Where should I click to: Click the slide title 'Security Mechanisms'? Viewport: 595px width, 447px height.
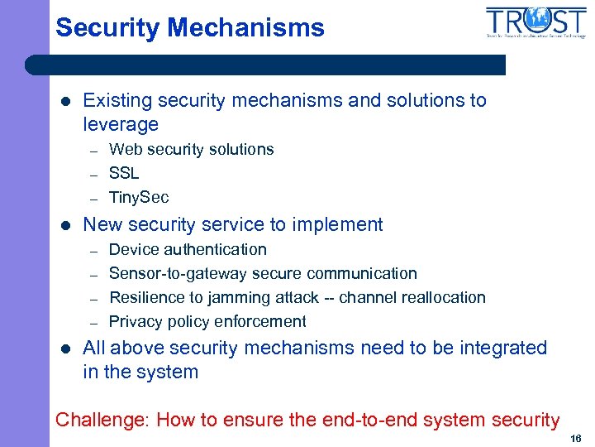(190, 27)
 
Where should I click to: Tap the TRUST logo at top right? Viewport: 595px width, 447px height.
(535, 22)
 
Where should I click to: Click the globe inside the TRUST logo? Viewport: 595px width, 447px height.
(537, 18)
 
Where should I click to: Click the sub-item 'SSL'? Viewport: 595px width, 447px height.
(124, 173)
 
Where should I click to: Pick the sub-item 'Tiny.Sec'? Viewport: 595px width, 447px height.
(139, 197)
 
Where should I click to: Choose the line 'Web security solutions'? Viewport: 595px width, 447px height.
(191, 149)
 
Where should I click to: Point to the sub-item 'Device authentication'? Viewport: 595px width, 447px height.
(188, 249)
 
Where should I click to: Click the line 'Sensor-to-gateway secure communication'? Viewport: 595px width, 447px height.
(263, 273)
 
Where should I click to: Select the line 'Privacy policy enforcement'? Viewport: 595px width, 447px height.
(207, 321)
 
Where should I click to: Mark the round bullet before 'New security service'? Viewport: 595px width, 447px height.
(65, 225)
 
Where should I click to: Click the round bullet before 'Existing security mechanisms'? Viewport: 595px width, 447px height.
(65, 101)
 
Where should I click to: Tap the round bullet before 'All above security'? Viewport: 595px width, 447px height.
(65, 348)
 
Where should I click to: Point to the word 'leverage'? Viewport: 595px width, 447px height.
(121, 125)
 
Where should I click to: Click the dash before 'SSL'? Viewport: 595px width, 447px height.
(94, 175)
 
